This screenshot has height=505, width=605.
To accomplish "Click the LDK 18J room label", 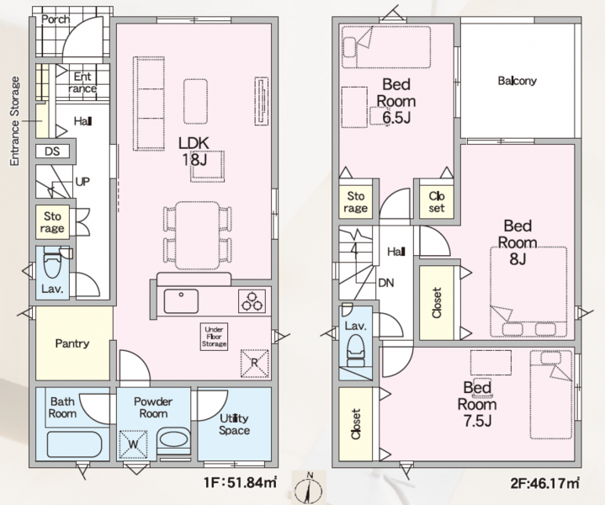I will [199, 151].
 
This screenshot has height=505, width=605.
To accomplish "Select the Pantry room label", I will [72, 343].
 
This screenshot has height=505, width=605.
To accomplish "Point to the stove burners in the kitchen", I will [252, 298].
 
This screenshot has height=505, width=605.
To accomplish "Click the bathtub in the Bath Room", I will [74, 442].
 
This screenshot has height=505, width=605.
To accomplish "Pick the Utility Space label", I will [234, 424].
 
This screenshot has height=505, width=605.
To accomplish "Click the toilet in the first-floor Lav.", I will [52, 265].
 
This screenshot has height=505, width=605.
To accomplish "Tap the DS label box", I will [52, 151].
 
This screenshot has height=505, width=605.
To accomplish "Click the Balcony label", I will [517, 82].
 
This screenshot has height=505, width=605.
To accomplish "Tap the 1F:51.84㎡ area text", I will [240, 483].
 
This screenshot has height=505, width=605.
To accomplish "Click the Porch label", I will [55, 19].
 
